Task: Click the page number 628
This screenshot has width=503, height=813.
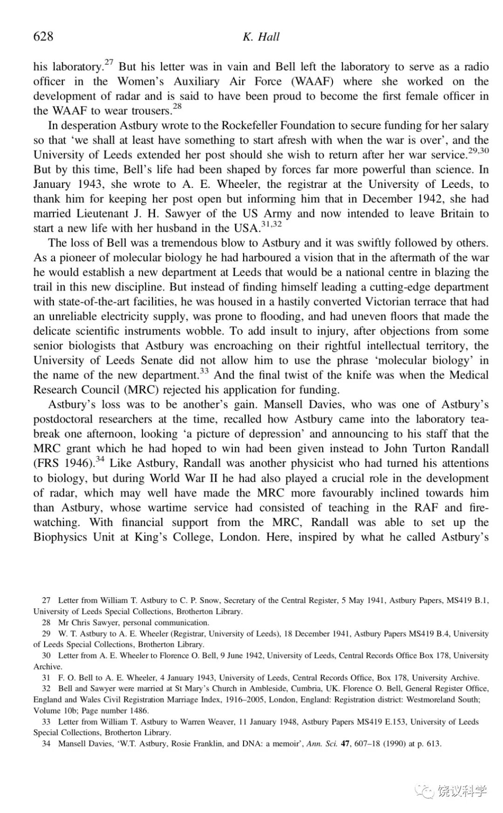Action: (43, 36)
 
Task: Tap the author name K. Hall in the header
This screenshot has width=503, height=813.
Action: (261, 37)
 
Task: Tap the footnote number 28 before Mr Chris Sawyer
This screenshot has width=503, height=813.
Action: (46, 623)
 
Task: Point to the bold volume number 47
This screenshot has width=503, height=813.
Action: (345, 744)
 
